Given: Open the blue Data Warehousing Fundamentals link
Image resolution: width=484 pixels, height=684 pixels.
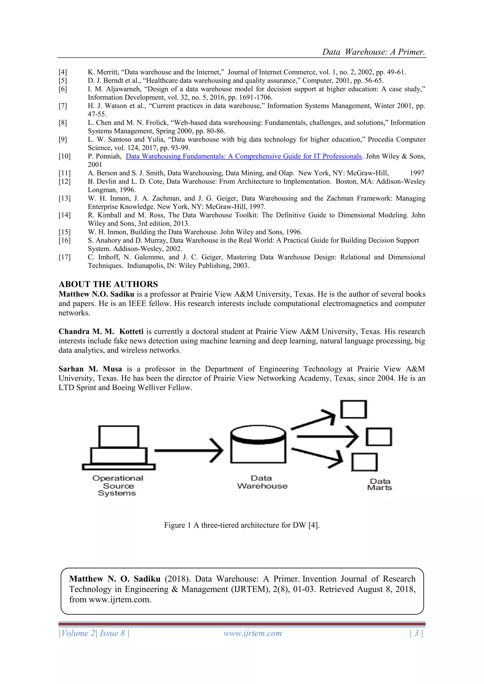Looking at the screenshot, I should point(243,156).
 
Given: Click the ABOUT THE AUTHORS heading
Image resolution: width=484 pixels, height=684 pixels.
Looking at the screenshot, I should point(108,284).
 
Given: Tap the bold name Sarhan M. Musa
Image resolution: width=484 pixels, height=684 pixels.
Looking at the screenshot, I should point(90,369).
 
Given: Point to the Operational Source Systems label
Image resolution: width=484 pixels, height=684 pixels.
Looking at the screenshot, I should point(117,486).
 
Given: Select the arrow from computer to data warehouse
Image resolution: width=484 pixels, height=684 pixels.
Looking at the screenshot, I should point(189,450).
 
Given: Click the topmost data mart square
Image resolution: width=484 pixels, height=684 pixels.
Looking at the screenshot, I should point(354,409).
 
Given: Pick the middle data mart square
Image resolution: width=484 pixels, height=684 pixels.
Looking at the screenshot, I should point(379,437).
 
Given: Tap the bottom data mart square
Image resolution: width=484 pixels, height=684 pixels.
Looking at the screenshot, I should point(364,462).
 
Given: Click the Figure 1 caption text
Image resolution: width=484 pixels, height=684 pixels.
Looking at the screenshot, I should point(242,525).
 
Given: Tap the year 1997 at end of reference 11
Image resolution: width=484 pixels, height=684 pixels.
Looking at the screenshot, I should point(417,173).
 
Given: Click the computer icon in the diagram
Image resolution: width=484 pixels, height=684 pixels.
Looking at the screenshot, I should point(119,448).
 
